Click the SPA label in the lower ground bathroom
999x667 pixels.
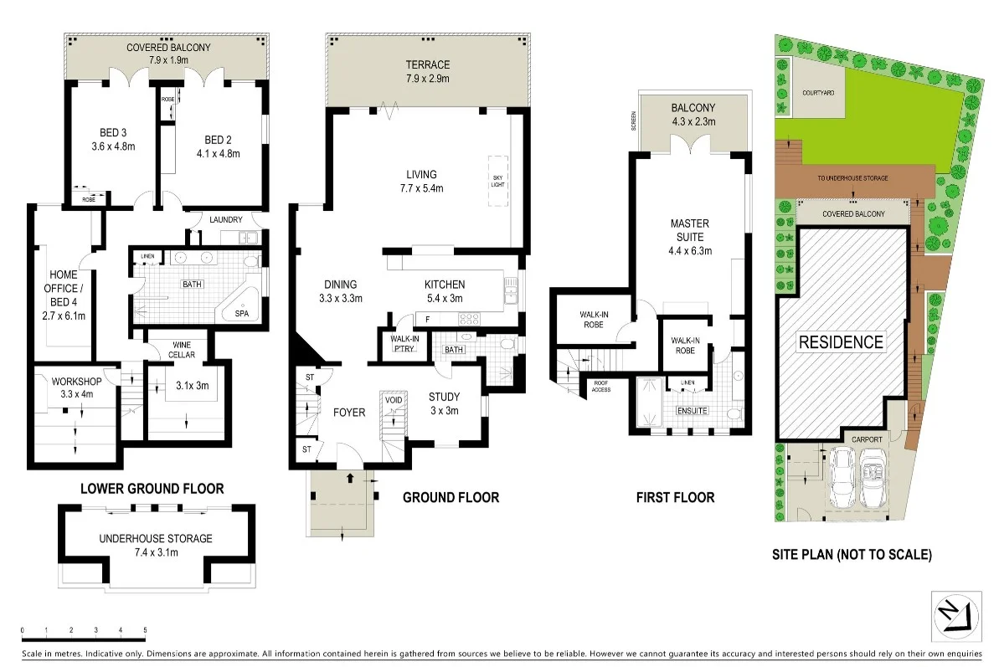(x=241, y=314)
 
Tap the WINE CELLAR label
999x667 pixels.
(x=183, y=349)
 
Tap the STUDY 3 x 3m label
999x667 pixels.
(x=445, y=403)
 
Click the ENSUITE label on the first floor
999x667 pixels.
(x=693, y=411)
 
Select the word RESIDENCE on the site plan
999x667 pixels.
(x=840, y=342)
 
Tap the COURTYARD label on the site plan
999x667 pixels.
(x=816, y=92)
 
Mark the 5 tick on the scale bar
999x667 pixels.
(x=146, y=629)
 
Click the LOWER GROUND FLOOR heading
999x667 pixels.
(x=152, y=488)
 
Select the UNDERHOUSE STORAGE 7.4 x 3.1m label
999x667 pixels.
(x=155, y=545)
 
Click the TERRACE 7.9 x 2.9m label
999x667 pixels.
(x=428, y=72)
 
